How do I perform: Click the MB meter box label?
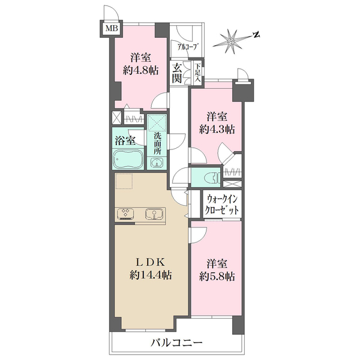(112, 28)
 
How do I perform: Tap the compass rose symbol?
(232, 41)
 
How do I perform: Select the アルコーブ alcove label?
(188, 47)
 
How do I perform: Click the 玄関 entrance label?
(177, 73)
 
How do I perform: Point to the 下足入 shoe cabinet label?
(198, 73)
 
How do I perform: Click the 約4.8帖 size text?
(141, 70)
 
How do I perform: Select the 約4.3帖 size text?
(217, 130)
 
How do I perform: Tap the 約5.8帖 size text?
(217, 277)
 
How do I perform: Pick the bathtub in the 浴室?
(128, 160)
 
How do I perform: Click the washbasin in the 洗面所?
(157, 163)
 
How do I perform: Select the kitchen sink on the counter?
(155, 214)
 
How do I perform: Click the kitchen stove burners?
(125, 214)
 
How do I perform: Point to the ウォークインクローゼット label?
(222, 205)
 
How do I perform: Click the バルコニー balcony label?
(176, 343)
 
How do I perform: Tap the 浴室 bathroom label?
(125, 140)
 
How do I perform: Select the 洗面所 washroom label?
(157, 143)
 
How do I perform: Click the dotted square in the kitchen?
(124, 181)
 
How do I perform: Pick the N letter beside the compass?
(256, 35)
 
